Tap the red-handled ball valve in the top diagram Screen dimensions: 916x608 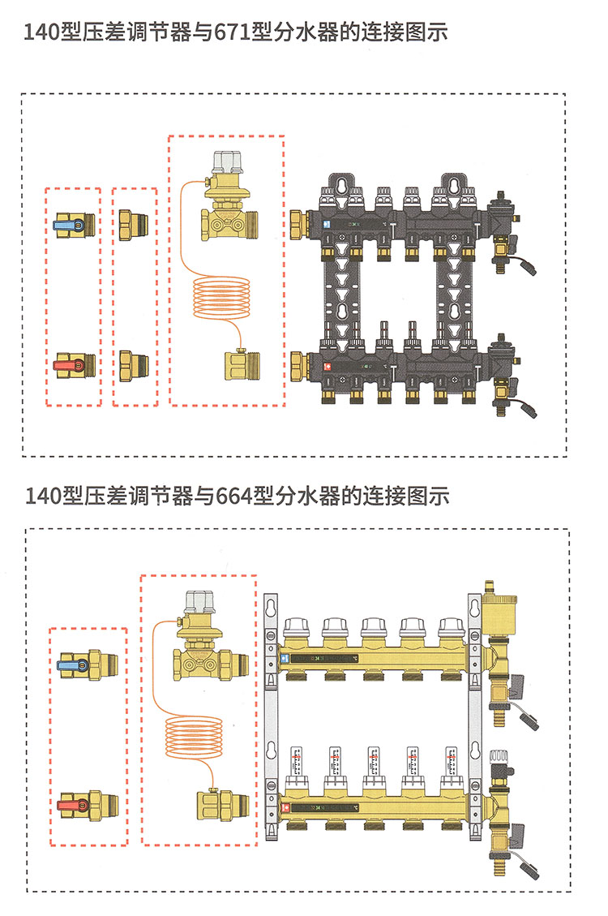[x=74, y=367]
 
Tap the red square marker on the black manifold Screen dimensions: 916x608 [x=326, y=365]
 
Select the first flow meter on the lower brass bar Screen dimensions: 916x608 [x=296, y=763]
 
